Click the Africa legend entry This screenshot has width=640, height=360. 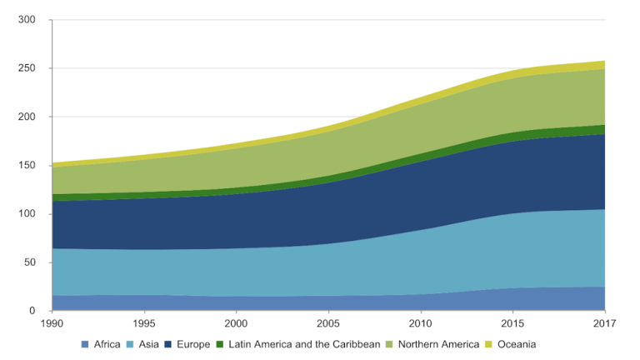tap(107, 344)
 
